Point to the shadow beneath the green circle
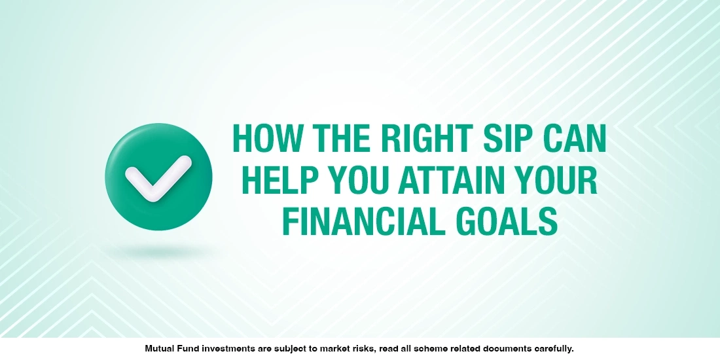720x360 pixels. coord(158,251)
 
